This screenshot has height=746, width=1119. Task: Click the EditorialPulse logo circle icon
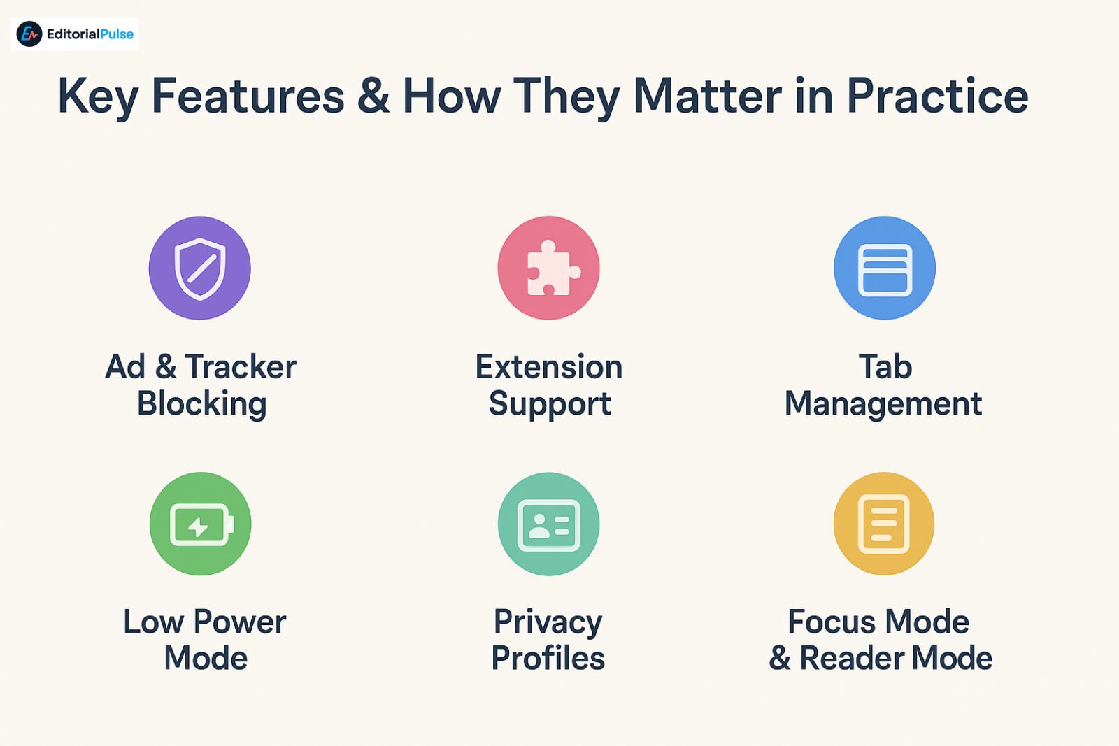click(x=29, y=34)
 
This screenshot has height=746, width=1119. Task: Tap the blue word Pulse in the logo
click(x=117, y=34)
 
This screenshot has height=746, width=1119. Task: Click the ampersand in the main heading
click(x=373, y=95)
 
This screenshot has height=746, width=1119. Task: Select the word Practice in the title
click(x=937, y=95)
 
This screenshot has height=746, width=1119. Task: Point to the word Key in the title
click(x=98, y=98)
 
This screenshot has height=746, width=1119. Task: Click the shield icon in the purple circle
click(x=200, y=268)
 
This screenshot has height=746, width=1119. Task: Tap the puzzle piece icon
click(x=553, y=268)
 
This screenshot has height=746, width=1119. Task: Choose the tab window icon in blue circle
click(x=885, y=270)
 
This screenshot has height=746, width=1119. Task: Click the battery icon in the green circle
click(x=202, y=525)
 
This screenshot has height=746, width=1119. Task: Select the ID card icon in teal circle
click(x=548, y=525)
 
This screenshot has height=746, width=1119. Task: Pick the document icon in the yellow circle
click(x=884, y=524)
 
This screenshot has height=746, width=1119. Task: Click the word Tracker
click(x=241, y=366)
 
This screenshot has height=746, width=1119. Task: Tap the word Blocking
click(x=202, y=403)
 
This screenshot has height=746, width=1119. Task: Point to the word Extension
click(x=548, y=366)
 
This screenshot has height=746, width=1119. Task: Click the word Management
click(x=883, y=403)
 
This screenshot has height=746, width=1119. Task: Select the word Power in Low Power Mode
click(x=240, y=622)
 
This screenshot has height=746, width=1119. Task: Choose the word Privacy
click(x=548, y=624)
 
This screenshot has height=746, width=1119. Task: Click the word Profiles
click(x=548, y=658)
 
